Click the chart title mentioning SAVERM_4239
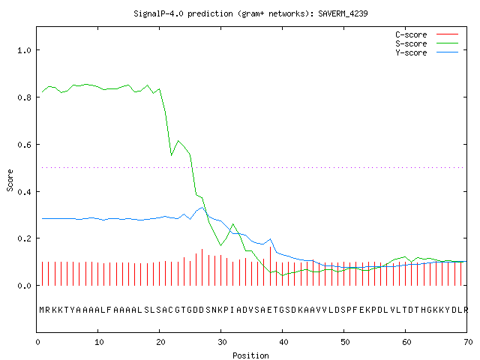coord(250,13)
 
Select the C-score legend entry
coord(427,34)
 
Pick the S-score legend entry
coord(427,43)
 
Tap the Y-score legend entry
coord(427,52)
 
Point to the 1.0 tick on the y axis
coord(25,50)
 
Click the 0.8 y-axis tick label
coord(25,97)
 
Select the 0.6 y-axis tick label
coord(25,145)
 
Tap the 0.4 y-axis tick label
coord(25,192)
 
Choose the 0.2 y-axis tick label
coord(25,238)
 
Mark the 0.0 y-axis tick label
coord(25,286)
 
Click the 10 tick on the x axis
coord(99,342)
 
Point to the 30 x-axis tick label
coord(222,342)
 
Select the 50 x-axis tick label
coord(345,342)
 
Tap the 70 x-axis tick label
coord(468,342)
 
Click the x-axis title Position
coord(250,355)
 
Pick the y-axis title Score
coord(10,180)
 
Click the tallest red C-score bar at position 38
coord(270,266)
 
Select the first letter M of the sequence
coord(42,310)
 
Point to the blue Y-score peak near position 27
coord(202,208)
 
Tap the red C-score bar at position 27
coord(202,267)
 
